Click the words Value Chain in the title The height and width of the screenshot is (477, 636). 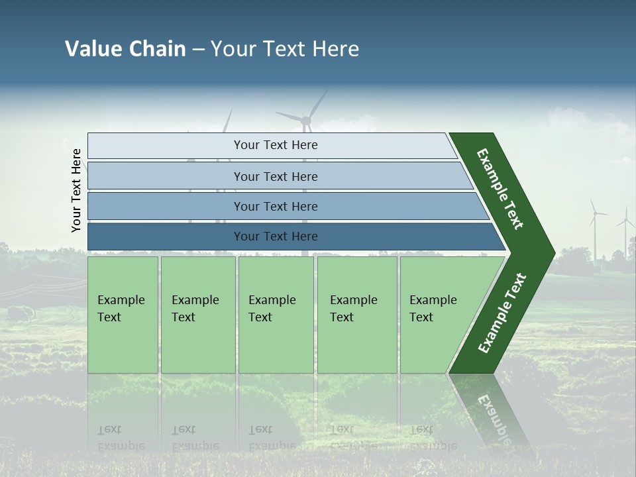click(x=125, y=49)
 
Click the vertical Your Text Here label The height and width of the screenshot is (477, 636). click(x=76, y=190)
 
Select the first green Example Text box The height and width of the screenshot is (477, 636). click(x=123, y=315)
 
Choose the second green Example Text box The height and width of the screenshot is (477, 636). click(x=198, y=315)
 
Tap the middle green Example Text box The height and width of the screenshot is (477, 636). click(x=276, y=315)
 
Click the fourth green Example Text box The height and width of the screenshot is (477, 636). click(x=357, y=315)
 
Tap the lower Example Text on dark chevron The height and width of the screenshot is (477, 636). click(x=502, y=313)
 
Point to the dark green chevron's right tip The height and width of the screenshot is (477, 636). click(x=553, y=252)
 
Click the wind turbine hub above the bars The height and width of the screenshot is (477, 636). click(x=306, y=120)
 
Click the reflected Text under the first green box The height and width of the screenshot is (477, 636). click(x=109, y=429)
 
